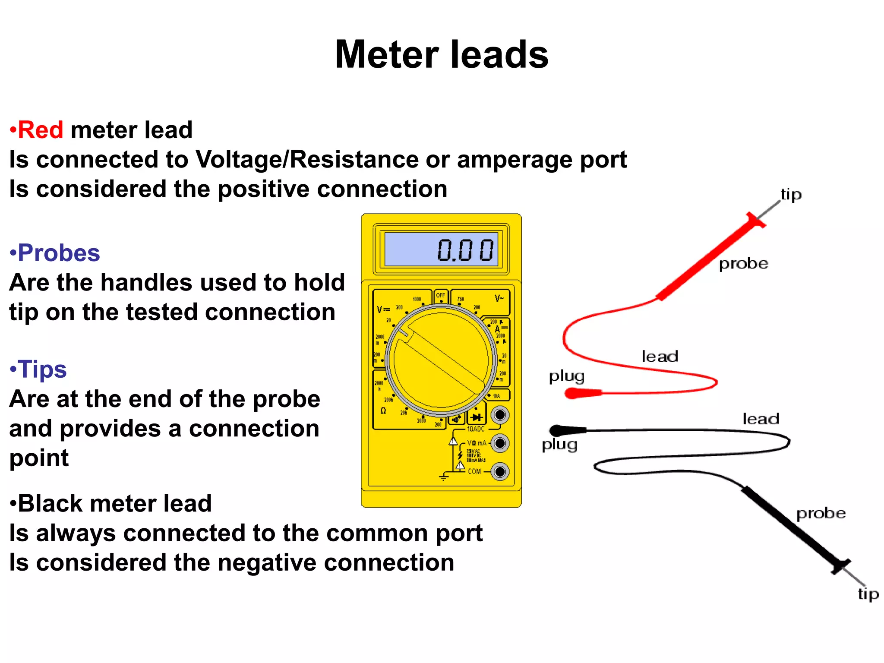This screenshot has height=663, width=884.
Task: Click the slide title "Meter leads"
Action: (442, 54)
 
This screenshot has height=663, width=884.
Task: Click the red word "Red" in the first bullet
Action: (41, 130)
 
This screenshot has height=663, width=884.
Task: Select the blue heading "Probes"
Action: (59, 253)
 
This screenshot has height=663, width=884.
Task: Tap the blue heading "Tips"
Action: (42, 369)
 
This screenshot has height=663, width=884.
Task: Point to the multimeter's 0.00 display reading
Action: (465, 250)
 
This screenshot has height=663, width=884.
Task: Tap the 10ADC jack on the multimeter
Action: (500, 415)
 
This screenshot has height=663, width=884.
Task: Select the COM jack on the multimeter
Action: (500, 471)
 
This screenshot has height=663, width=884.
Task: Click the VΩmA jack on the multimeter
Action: (500, 443)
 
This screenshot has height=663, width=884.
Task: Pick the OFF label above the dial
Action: (440, 296)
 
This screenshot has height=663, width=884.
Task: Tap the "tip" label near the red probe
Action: (791, 195)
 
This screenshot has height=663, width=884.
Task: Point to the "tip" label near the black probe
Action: (868, 594)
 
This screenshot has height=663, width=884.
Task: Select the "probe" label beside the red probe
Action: (743, 264)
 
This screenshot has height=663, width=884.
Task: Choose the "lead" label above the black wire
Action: (761, 419)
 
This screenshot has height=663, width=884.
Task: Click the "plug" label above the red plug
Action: (566, 376)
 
